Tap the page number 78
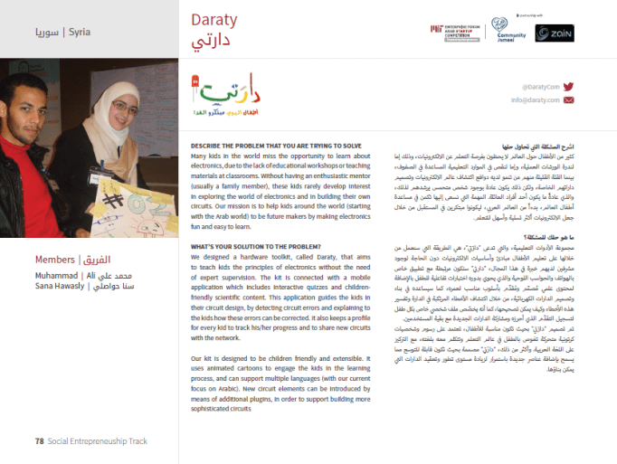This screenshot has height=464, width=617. coord(40,441)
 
